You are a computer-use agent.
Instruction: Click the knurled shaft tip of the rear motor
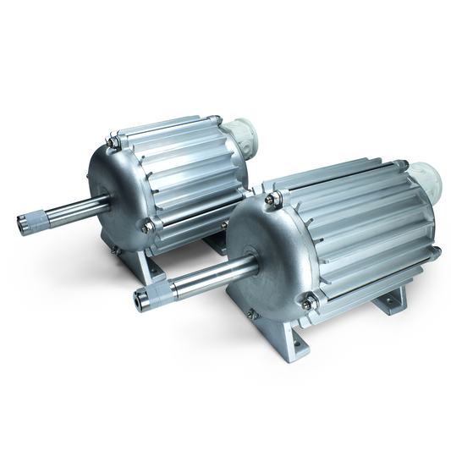[30, 223]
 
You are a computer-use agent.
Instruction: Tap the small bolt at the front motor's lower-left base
[251, 315]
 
